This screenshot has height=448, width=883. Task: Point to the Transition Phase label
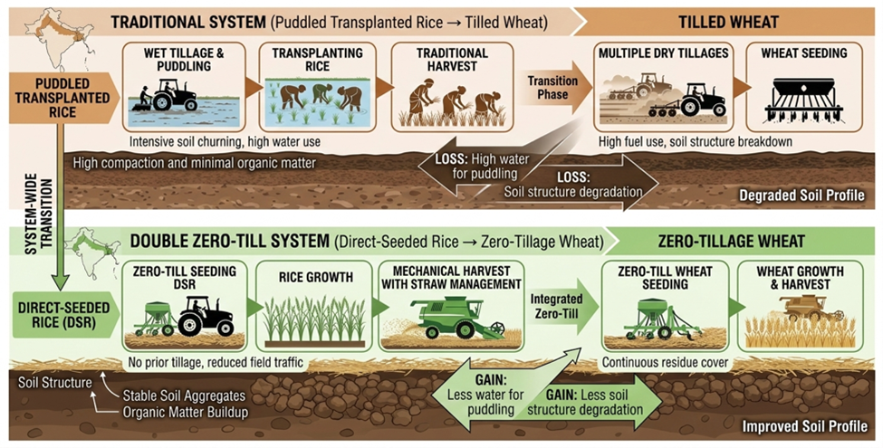tap(552, 87)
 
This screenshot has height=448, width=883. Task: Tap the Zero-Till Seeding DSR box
tap(185, 305)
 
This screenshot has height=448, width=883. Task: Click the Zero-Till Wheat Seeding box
tap(664, 305)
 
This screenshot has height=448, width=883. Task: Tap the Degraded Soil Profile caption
tap(799, 195)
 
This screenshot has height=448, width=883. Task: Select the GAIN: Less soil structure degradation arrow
tap(593, 403)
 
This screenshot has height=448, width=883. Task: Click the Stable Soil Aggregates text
tap(183, 395)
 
